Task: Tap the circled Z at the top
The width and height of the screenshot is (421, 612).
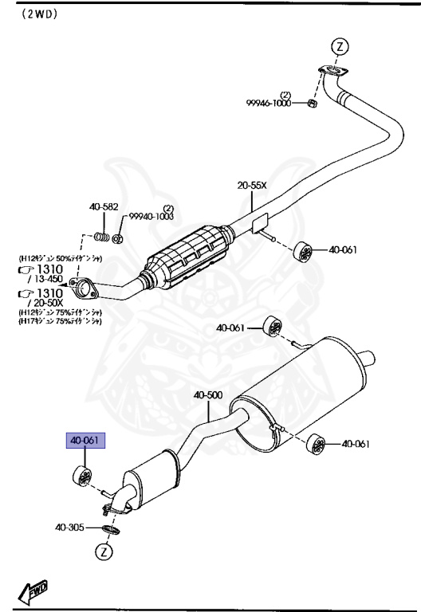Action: pyautogui.click(x=340, y=46)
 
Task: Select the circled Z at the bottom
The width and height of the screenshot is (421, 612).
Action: pyautogui.click(x=104, y=551)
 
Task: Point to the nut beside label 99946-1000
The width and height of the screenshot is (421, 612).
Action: pyautogui.click(x=313, y=104)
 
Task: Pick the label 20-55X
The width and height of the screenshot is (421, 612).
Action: pyautogui.click(x=252, y=185)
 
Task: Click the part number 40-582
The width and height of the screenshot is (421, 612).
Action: pyautogui.click(x=103, y=208)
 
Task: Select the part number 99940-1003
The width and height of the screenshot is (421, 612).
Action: pyautogui.click(x=151, y=217)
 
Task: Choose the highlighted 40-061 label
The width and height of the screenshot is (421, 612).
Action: pyautogui.click(x=85, y=441)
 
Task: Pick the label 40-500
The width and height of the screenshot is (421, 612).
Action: pyautogui.click(x=208, y=395)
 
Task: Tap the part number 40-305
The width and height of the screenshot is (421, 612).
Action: pyautogui.click(x=69, y=528)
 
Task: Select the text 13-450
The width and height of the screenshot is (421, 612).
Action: pyautogui.click(x=45, y=279)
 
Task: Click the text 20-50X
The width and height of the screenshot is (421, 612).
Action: pyautogui.click(x=45, y=304)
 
